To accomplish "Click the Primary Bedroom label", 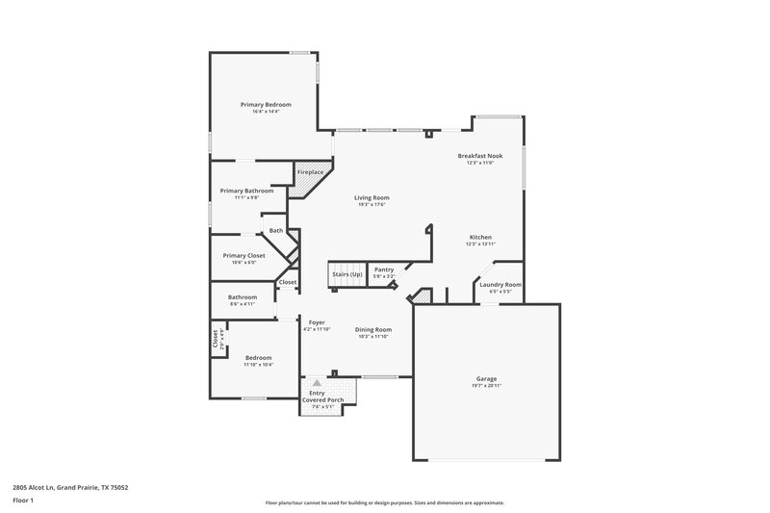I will (x=265, y=104).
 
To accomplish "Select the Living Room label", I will (x=372, y=197).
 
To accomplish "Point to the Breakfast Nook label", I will (x=479, y=155).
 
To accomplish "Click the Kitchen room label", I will (x=480, y=237).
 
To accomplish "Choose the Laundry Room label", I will (x=500, y=284).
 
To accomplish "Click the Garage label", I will (x=487, y=379).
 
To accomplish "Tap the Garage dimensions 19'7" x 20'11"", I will (x=487, y=386).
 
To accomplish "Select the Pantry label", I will (x=384, y=269).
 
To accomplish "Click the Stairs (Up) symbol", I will (x=347, y=273).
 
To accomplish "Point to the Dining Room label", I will (x=372, y=329).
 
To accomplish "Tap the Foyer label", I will (x=317, y=321).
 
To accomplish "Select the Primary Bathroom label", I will (x=246, y=191).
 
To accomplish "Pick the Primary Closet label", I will (x=244, y=255).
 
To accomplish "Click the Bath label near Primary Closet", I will (x=276, y=230).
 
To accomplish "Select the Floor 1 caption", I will (x=23, y=500).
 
